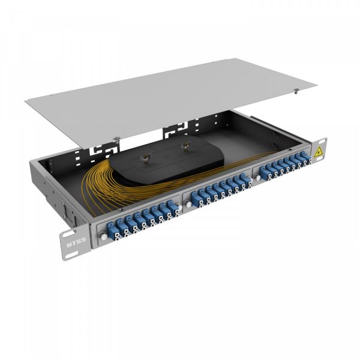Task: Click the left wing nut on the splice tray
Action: click(x=145, y=157)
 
